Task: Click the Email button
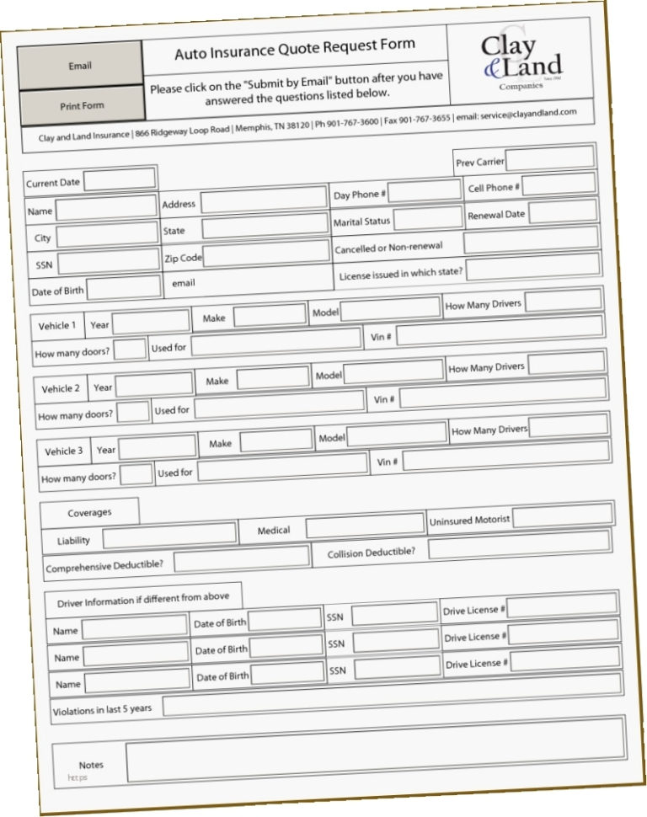80,65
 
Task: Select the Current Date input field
120,179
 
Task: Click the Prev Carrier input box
549,158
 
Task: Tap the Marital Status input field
427,219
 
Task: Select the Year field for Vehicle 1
151,322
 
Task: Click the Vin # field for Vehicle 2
502,392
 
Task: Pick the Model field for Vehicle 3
397,435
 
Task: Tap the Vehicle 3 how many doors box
136,474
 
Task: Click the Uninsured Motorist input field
562,515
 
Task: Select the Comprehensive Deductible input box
241,558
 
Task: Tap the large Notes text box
376,750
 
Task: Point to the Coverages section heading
89,512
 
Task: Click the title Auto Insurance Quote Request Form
295,51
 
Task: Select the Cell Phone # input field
559,184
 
